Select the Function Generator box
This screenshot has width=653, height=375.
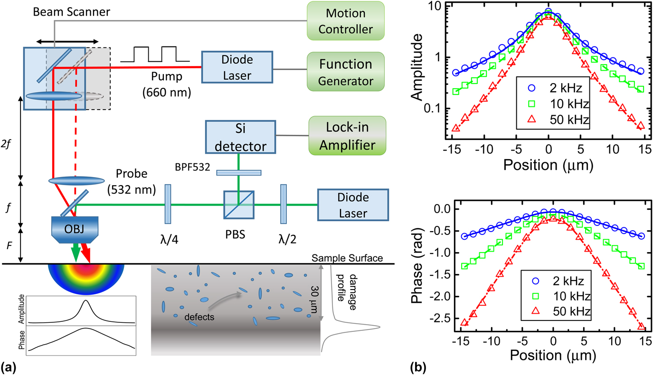(345, 72)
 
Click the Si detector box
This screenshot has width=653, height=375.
(240, 137)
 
